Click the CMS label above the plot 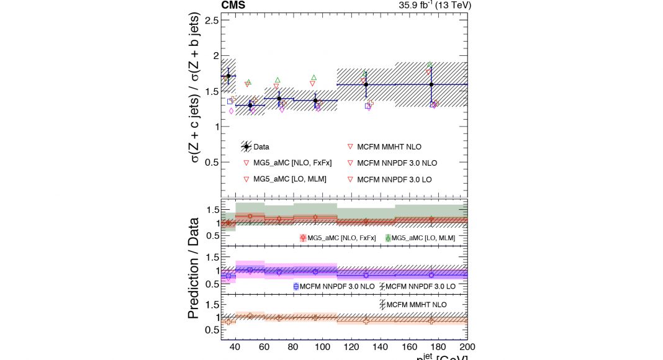click(x=233, y=6)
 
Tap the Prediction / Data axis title click(x=194, y=268)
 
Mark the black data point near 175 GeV click(x=431, y=84)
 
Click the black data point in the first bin click(x=228, y=76)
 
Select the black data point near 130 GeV click(x=366, y=84)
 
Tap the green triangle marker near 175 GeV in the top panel click(x=429, y=65)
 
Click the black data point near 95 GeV click(x=315, y=101)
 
